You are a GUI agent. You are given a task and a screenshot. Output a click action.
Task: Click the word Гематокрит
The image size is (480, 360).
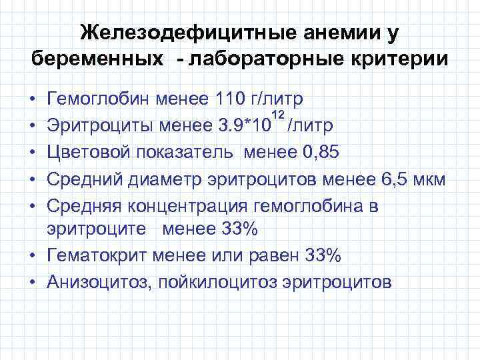point(97,255)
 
